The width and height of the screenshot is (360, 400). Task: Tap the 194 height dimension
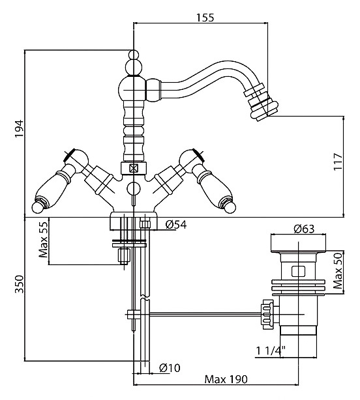click(19, 128)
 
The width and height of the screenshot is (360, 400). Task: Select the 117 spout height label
click(338, 162)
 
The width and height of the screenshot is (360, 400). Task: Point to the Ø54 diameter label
click(176, 225)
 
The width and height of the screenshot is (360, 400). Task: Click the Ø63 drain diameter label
click(304, 229)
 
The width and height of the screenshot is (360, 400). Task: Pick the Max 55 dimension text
click(43, 239)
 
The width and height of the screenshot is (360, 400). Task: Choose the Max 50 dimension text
click(338, 270)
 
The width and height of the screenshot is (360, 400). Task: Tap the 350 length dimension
click(19, 284)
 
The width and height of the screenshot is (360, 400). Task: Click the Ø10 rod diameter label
click(170, 367)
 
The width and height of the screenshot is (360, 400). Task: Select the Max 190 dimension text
click(226, 379)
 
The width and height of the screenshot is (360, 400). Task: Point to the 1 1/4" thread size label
click(271, 350)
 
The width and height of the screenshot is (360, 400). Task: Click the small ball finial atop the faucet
click(134, 55)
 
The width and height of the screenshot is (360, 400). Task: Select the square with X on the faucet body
click(133, 168)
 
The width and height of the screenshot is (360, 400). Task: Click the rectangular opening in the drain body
click(299, 271)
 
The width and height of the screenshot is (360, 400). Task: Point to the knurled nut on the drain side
click(267, 312)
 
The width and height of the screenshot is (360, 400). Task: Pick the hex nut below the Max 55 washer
click(124, 257)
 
